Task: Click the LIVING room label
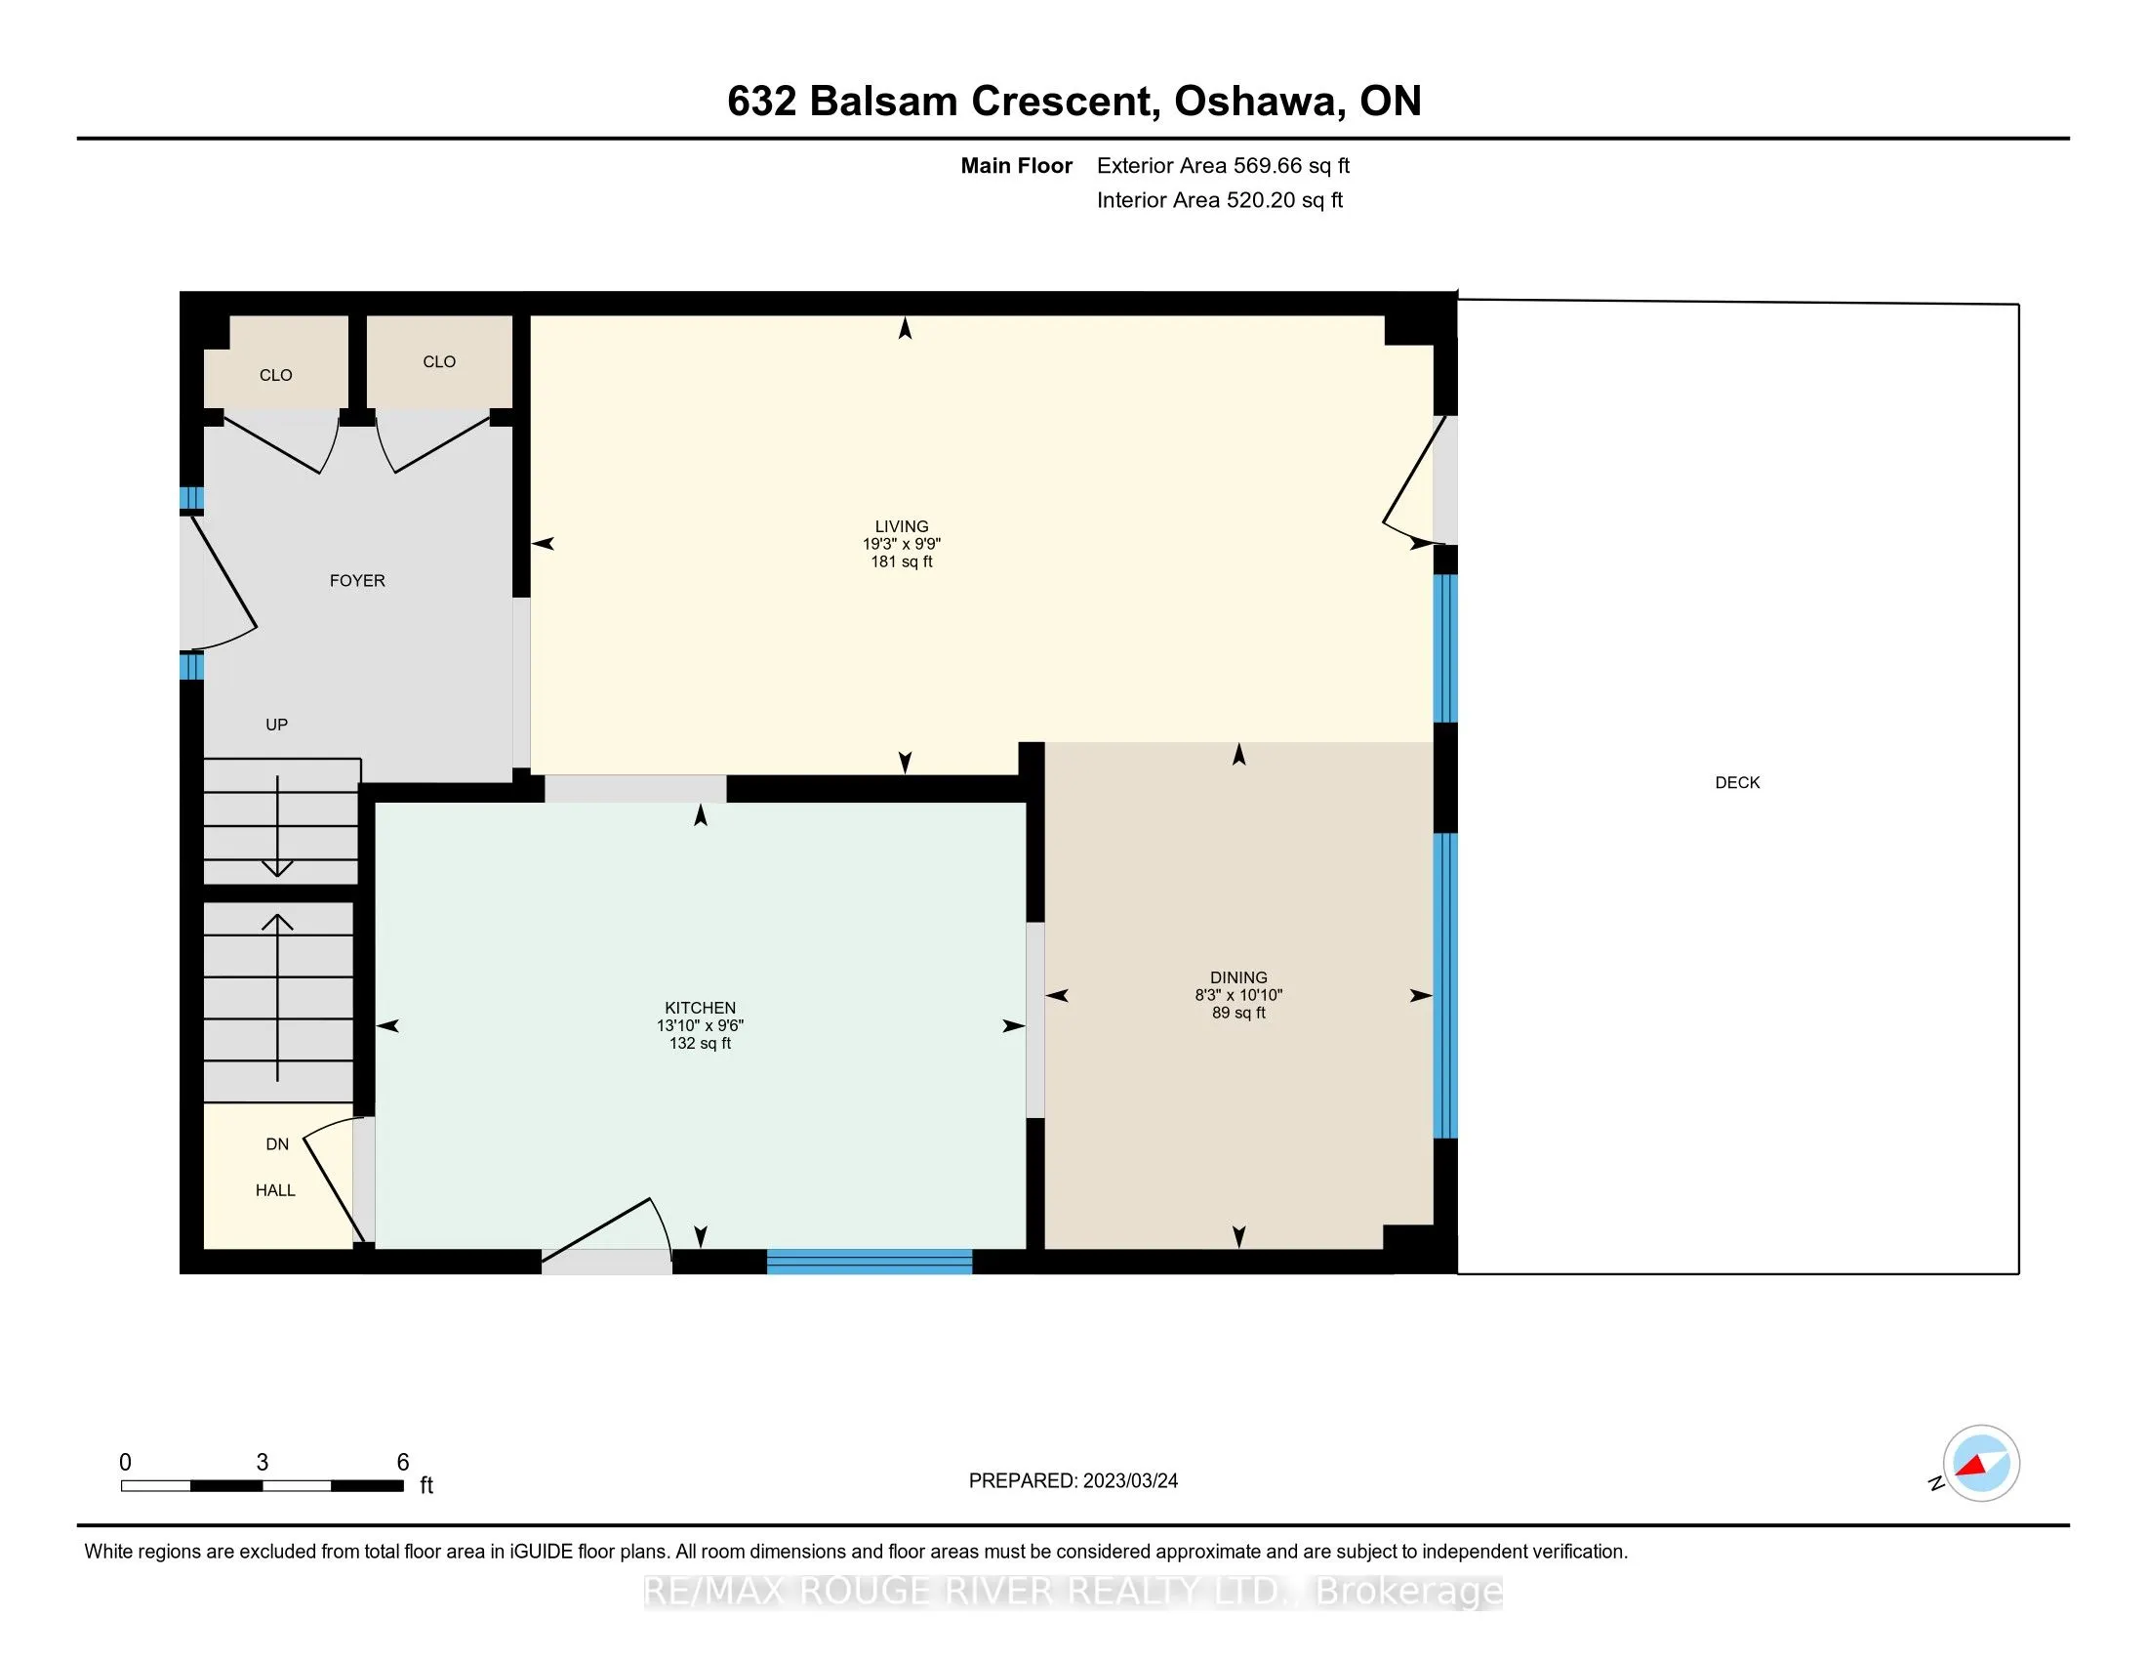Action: tap(902, 526)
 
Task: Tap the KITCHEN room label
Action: tap(700, 1007)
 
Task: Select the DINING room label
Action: tap(1238, 976)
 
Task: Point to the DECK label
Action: tap(1737, 782)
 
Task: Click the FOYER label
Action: tap(357, 580)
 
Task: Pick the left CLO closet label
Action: tap(275, 375)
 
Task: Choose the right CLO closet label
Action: tap(438, 361)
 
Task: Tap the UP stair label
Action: tap(276, 724)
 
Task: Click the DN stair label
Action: tap(277, 1143)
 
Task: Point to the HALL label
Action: tap(275, 1190)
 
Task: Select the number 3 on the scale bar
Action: tap(262, 1463)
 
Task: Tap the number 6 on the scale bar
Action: tap(402, 1463)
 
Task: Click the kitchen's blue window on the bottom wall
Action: tap(869, 1262)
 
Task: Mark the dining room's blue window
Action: tap(1444, 985)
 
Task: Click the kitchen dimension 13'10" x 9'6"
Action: tap(700, 1024)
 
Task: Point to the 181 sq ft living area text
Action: tap(902, 561)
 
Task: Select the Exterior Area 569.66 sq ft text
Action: tap(1223, 165)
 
